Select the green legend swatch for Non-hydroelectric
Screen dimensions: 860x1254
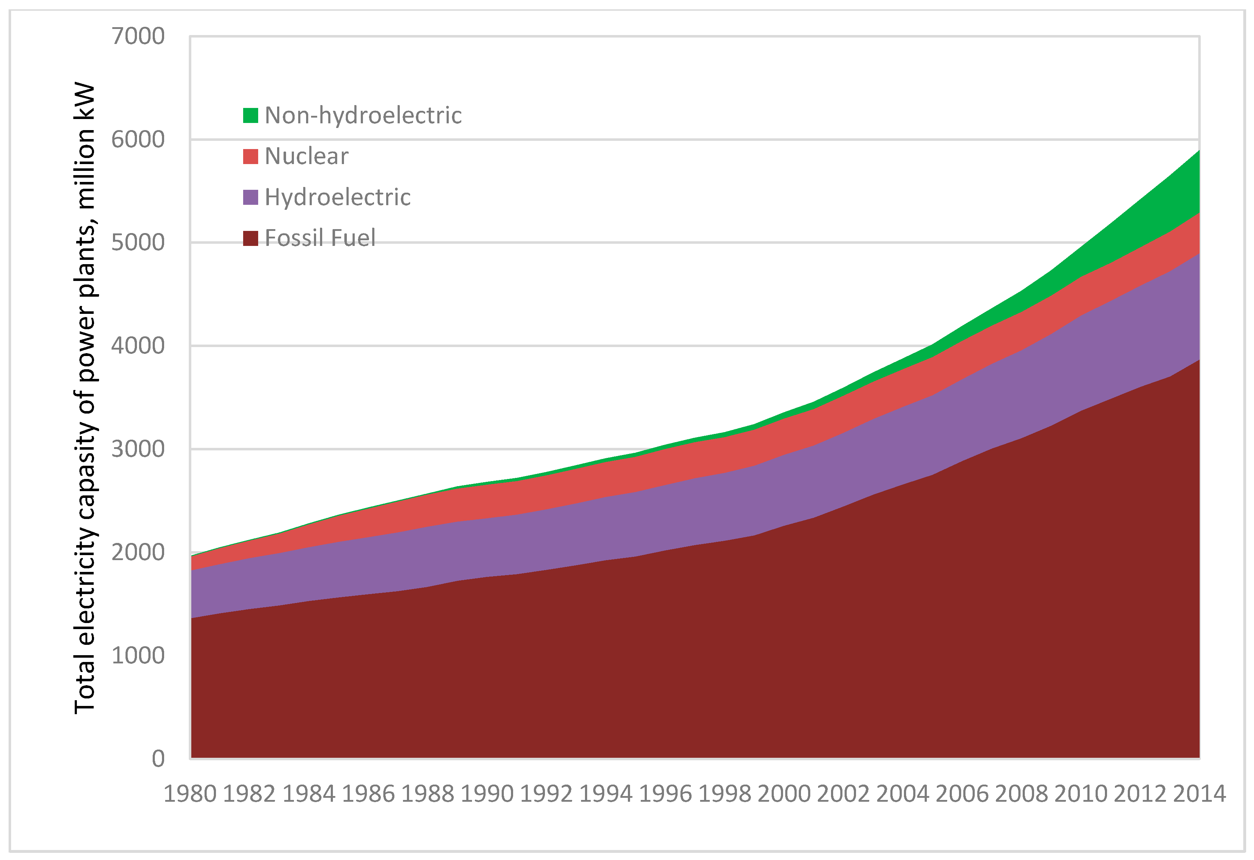click(x=250, y=115)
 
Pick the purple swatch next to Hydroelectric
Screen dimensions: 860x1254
click(x=250, y=197)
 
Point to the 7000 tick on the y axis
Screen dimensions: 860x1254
click(x=138, y=37)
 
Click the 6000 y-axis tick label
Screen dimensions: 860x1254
click(x=138, y=140)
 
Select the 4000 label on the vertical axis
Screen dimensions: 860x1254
click(x=138, y=346)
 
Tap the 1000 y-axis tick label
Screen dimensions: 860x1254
click(x=138, y=656)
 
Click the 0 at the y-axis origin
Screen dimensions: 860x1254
click(x=158, y=758)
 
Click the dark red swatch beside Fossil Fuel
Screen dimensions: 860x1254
click(x=250, y=238)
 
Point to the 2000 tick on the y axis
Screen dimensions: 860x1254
click(x=138, y=553)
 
